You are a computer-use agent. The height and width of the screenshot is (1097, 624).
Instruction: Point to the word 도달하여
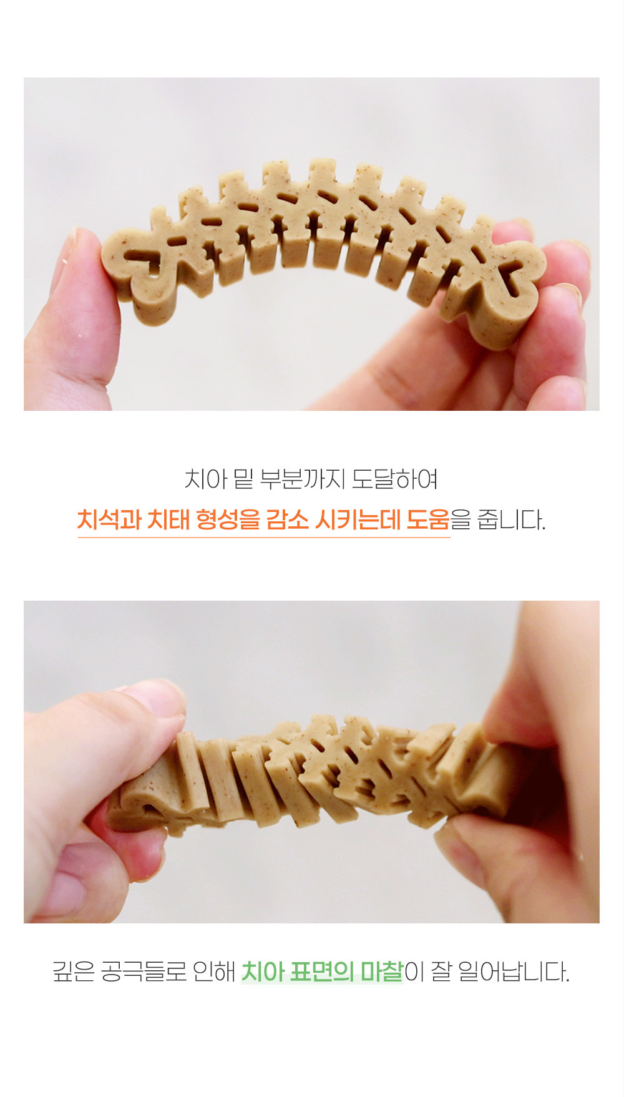[x=395, y=480]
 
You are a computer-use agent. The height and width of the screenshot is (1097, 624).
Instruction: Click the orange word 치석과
[x=109, y=519]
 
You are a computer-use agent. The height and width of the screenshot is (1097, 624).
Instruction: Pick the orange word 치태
[x=167, y=519]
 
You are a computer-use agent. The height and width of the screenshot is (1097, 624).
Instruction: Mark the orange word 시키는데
[x=357, y=519]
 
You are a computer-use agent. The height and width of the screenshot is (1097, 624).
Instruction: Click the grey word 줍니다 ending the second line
[x=511, y=519]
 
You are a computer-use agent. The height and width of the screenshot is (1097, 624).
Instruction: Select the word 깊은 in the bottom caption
[x=74, y=972]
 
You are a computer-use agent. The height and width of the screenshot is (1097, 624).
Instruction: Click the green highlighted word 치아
[x=263, y=972]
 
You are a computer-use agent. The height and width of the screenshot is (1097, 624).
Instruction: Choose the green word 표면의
[x=322, y=972]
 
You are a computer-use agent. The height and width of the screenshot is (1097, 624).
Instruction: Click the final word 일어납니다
[x=514, y=972]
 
